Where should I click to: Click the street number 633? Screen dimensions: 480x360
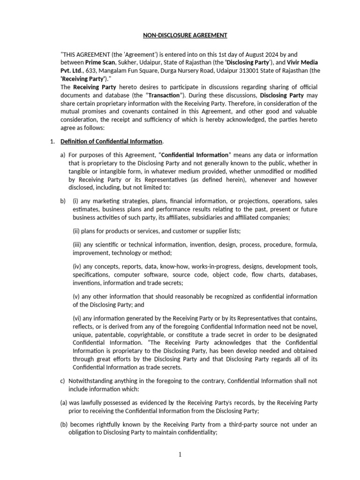[x=96, y=70]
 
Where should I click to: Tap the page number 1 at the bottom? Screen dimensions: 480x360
[x=180, y=454]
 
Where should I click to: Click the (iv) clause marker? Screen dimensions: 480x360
[x=77, y=266]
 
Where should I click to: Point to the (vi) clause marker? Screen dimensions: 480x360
[x=77, y=319]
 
